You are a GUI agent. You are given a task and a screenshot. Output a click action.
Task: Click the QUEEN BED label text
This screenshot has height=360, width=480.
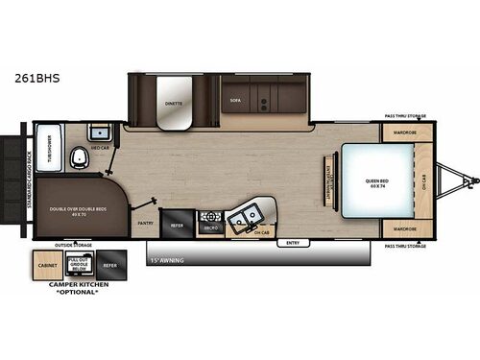click(375, 180)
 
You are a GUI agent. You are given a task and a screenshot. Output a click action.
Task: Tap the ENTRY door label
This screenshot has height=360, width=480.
click(293, 242)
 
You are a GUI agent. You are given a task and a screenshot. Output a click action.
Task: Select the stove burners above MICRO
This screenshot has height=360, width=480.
click(210, 218)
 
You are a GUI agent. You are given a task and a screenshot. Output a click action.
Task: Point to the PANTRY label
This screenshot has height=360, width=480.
click(145, 223)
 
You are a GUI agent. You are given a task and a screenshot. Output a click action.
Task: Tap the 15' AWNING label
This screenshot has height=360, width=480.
click(170, 258)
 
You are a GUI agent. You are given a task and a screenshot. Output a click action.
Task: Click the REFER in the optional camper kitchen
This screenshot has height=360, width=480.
click(109, 264)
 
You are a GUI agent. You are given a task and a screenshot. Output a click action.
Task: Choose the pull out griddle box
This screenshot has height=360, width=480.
click(80, 264)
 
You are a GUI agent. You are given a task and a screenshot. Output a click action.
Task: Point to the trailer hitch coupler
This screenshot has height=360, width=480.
click(472, 180)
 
